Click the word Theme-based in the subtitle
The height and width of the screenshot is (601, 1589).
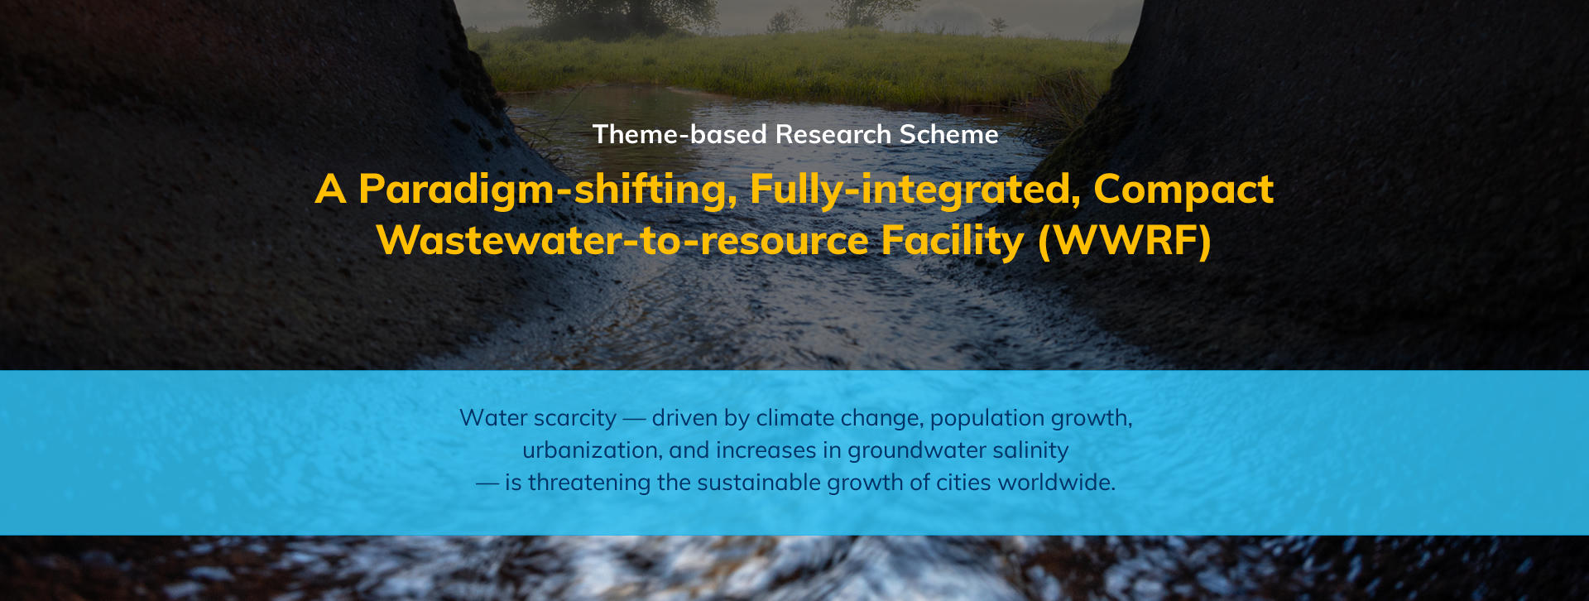[679, 134]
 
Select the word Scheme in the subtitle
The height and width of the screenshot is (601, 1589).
[949, 134]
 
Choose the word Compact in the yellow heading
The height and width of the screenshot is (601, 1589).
[1183, 190]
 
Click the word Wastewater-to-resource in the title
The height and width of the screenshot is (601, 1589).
[622, 240]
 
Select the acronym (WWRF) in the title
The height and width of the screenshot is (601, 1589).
[1125, 241]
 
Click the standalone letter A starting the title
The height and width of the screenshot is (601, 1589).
[330, 190]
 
